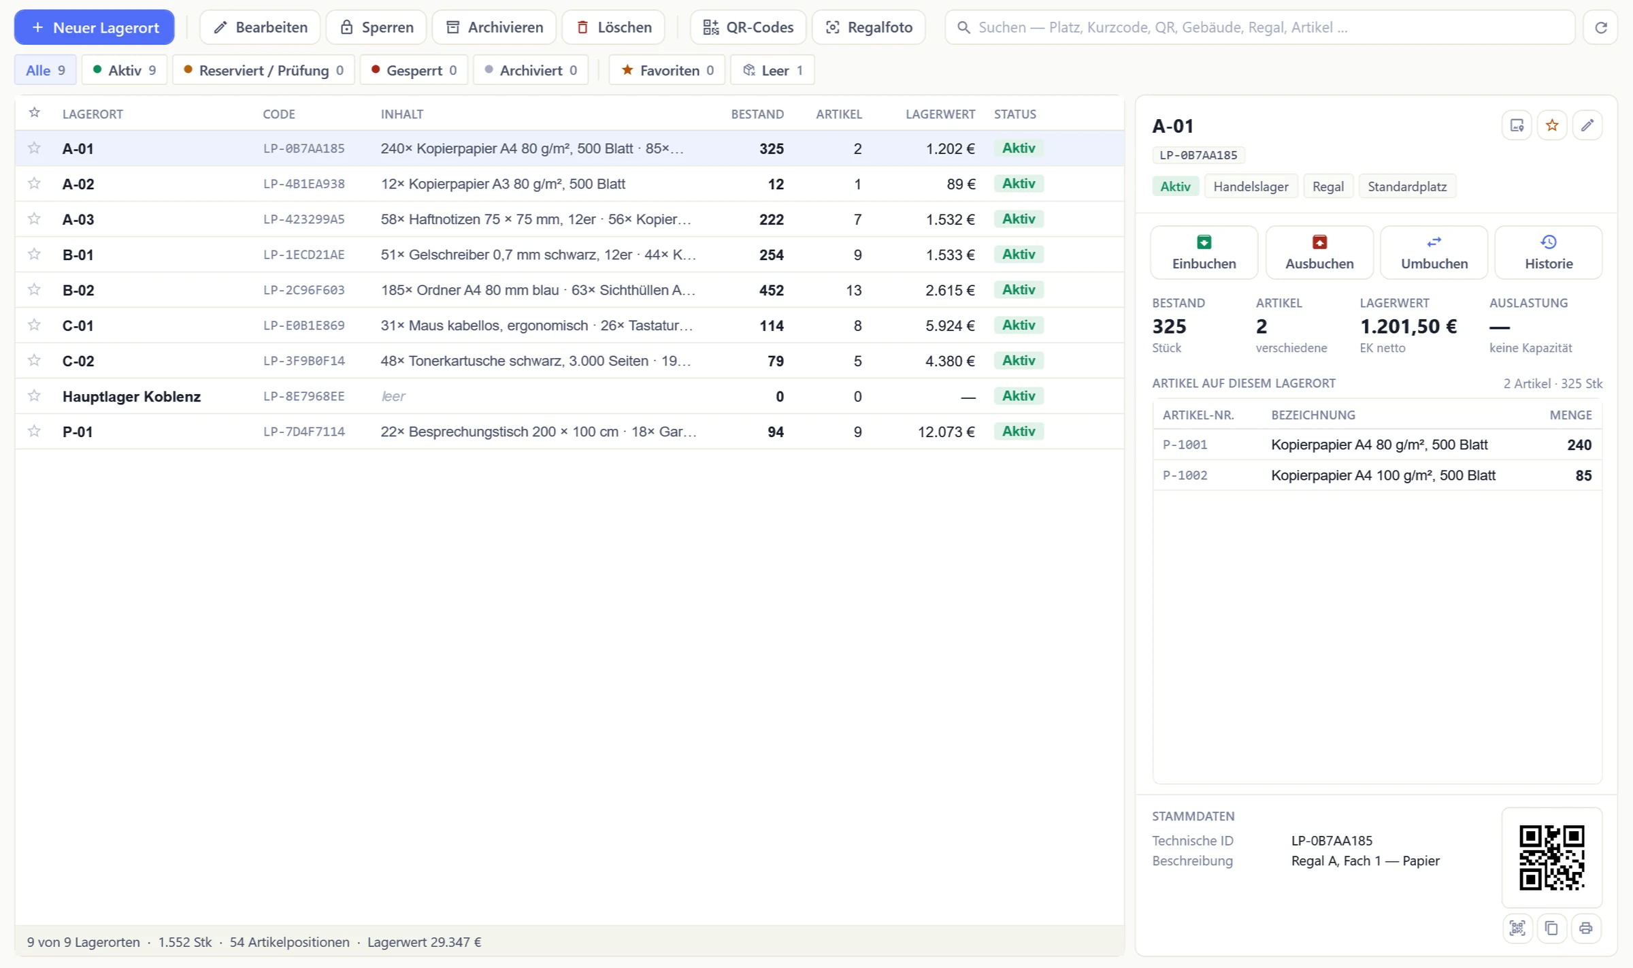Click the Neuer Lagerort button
click(x=94, y=27)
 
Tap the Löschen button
click(x=614, y=27)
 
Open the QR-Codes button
click(x=748, y=27)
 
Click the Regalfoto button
click(x=869, y=27)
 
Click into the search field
click(x=1260, y=27)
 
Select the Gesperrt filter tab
click(x=414, y=70)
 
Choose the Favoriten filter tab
click(x=667, y=70)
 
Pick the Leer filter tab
click(x=772, y=70)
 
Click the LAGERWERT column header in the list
click(x=940, y=114)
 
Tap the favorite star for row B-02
click(x=34, y=289)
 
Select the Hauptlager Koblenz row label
click(x=131, y=396)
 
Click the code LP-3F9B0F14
click(x=304, y=361)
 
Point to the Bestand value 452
click(x=772, y=290)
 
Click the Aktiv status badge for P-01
click(x=1019, y=431)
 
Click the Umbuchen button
click(x=1434, y=253)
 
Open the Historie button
click(x=1549, y=253)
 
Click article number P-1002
click(x=1185, y=475)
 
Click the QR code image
click(x=1552, y=858)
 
